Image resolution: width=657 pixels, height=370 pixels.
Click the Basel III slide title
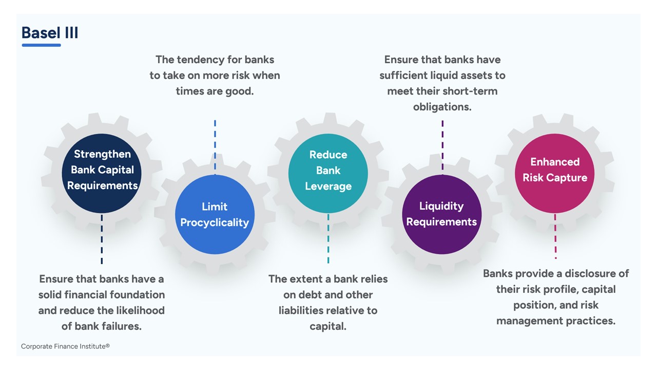point(50,33)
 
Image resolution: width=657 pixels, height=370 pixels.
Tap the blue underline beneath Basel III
point(41,45)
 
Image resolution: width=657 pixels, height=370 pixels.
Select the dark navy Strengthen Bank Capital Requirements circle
point(102,173)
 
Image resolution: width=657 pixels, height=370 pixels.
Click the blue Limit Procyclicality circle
point(215,214)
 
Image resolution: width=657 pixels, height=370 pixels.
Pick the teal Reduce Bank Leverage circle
point(328,174)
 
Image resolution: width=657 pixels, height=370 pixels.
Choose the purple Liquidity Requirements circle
point(441,214)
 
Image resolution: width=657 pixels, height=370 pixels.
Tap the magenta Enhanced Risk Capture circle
point(554,173)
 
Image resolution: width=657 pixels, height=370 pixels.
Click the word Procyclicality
point(215,223)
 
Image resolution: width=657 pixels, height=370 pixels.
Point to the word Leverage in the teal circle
point(328,187)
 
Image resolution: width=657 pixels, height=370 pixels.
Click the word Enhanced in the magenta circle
point(555,162)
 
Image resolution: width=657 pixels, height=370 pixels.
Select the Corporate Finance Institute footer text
point(65,346)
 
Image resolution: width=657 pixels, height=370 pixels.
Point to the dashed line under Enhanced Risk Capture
point(555,236)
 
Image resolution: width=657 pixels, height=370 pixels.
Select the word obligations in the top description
point(442,107)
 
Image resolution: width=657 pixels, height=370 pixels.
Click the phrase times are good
point(215,91)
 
